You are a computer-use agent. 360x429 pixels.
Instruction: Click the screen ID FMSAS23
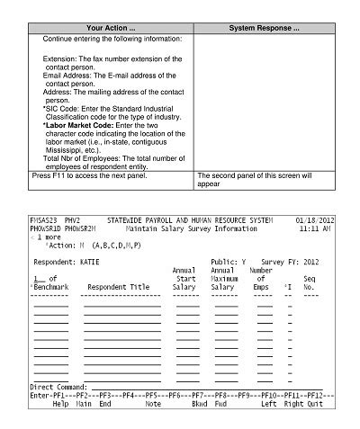click(x=43, y=219)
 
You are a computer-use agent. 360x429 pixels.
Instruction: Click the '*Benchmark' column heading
click(x=49, y=287)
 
